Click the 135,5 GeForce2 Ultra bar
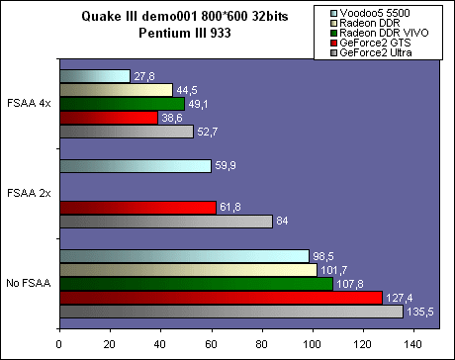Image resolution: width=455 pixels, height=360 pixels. pos(230,312)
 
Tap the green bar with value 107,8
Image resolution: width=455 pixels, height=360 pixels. pos(196,284)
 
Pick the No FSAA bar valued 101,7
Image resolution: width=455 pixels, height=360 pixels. pos(188,270)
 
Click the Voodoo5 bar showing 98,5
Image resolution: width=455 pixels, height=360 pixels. pos(184,256)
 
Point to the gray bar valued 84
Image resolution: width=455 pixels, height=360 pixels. pos(165,222)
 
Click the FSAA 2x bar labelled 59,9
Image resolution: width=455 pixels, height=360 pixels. pos(135,166)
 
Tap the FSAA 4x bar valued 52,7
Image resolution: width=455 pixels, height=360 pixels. pos(126,132)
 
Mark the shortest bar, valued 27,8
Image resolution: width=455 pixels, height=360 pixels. pos(94,76)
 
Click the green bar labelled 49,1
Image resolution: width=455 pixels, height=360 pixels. pos(122,104)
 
